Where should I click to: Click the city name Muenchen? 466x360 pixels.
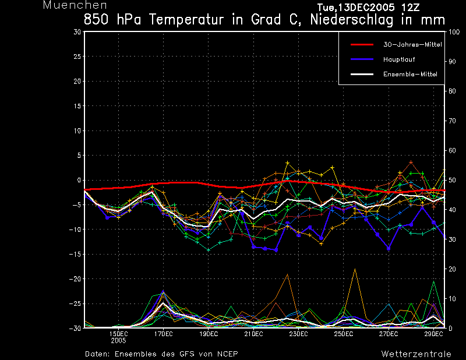coord(75,5)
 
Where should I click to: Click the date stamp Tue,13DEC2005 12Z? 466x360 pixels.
coord(368,7)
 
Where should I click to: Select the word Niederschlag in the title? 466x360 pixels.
coord(352,20)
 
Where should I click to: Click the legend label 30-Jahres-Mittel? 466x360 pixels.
coord(412,45)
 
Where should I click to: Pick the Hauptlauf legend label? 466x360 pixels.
coord(399,59)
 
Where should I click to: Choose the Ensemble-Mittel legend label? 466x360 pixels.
coord(410,75)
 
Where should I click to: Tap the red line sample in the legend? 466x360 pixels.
coord(362,45)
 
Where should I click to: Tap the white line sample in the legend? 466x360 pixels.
coord(362,75)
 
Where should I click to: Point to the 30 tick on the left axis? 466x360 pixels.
coord(77,31)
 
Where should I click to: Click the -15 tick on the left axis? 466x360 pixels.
coord(75,254)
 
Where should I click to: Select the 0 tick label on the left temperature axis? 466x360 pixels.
coord(79,180)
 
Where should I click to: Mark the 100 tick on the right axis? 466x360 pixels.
coord(454,32)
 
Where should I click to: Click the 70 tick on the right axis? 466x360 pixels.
coord(452,121)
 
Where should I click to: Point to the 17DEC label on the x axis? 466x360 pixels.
coord(163,334)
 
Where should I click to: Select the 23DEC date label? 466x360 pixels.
coord(298,334)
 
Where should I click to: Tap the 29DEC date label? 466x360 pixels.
coord(433,334)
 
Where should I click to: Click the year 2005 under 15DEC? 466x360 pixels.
coord(118,341)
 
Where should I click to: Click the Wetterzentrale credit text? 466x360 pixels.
coord(416,354)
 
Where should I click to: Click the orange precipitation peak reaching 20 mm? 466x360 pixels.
coord(355,269)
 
